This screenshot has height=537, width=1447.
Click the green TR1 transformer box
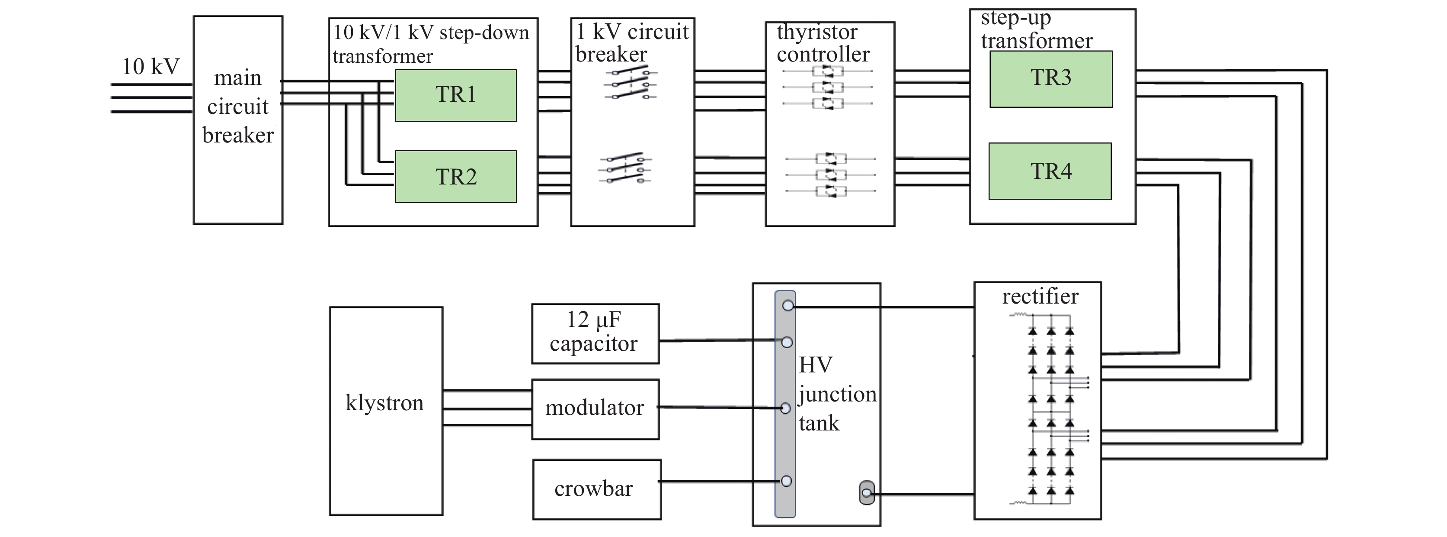point(455,95)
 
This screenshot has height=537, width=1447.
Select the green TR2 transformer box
point(455,177)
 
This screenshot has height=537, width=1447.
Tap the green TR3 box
point(1050,79)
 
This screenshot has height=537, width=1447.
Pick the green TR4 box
point(1050,171)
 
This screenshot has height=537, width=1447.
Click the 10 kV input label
point(150,66)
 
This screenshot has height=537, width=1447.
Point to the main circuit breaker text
point(237,106)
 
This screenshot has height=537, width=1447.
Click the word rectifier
point(1040,296)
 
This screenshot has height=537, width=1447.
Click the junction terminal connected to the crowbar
point(786,481)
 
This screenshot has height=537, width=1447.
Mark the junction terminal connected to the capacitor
point(787,342)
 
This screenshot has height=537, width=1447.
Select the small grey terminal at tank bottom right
point(867,493)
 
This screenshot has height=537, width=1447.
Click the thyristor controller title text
point(823,43)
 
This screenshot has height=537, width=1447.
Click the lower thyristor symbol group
point(831,175)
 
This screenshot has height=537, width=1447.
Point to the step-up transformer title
point(1036,29)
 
